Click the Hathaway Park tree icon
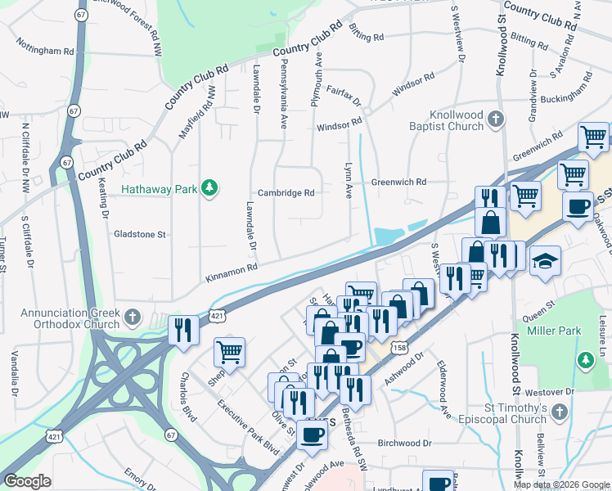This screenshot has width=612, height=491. coord(210,189)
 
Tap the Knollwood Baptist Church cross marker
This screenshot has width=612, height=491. coord(495,121)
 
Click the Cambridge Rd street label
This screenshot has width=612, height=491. coord(287,193)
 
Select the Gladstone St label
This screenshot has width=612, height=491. coord(140,234)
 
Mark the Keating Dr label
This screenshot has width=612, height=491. coord(104,202)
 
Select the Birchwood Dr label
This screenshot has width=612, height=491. coord(405,443)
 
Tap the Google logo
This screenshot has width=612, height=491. coord(27,481)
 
